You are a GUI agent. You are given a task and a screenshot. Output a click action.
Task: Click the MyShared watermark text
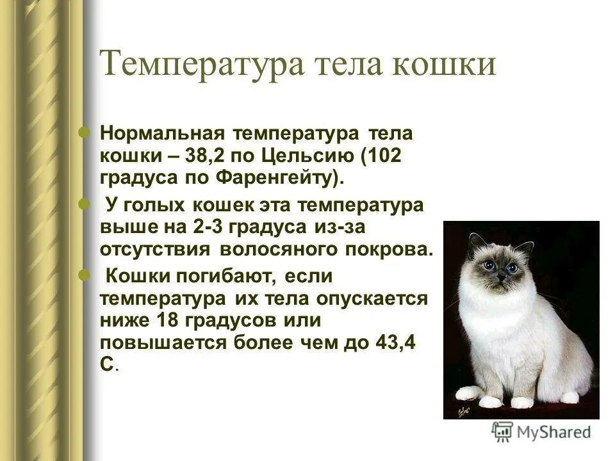coord(555,432)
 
